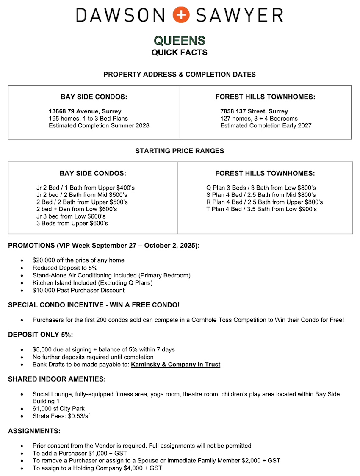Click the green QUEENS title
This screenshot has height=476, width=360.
click(180, 41)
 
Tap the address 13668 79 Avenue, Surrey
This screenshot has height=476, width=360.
click(85, 111)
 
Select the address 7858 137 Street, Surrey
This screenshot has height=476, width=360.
click(254, 111)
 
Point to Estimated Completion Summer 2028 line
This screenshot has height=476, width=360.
click(99, 125)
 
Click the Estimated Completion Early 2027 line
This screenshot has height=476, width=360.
click(266, 125)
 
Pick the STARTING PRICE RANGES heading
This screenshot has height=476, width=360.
click(180, 151)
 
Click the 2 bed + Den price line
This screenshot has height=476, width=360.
click(77, 209)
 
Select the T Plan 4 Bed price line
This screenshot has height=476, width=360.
click(261, 209)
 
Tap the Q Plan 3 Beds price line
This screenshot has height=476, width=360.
click(261, 188)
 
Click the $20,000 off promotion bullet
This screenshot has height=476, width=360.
click(78, 260)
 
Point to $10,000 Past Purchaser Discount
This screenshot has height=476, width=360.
click(78, 291)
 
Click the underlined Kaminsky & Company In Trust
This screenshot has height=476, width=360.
click(175, 365)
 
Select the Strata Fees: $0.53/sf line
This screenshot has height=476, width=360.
click(61, 416)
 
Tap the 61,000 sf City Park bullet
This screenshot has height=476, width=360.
click(58, 409)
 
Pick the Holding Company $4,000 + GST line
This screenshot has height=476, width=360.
click(97, 468)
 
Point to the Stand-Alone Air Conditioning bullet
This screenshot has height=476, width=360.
click(111, 275)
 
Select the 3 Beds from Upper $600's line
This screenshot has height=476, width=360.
click(72, 223)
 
